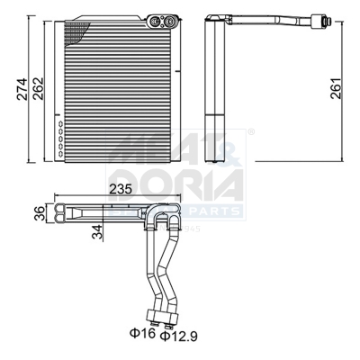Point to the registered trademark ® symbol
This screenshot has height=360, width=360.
click(x=250, y=132)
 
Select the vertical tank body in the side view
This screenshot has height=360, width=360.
click(x=217, y=81)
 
